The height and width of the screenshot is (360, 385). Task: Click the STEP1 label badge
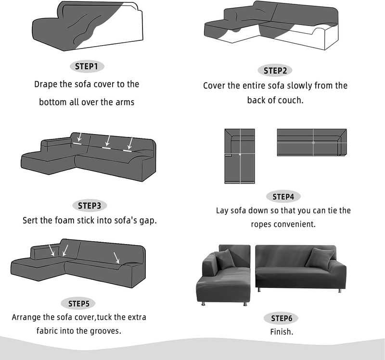(87, 66)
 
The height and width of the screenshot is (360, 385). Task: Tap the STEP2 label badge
(275, 71)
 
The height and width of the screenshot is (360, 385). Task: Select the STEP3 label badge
(90, 206)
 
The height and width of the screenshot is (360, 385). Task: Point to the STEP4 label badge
(283, 197)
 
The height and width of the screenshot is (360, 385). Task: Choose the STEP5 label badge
(78, 304)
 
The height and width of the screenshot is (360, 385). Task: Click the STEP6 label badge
(281, 318)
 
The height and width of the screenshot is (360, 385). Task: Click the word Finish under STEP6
(282, 332)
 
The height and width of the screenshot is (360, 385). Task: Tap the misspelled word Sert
(30, 221)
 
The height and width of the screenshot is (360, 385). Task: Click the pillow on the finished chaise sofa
(224, 259)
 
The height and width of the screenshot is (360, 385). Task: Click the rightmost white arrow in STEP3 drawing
(130, 143)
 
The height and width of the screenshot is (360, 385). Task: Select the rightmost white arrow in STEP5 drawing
(116, 258)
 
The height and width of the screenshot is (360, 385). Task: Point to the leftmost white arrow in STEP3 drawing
(79, 137)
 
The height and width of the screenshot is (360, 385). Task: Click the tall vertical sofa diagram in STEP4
(240, 156)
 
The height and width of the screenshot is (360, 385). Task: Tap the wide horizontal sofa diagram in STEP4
(312, 142)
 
